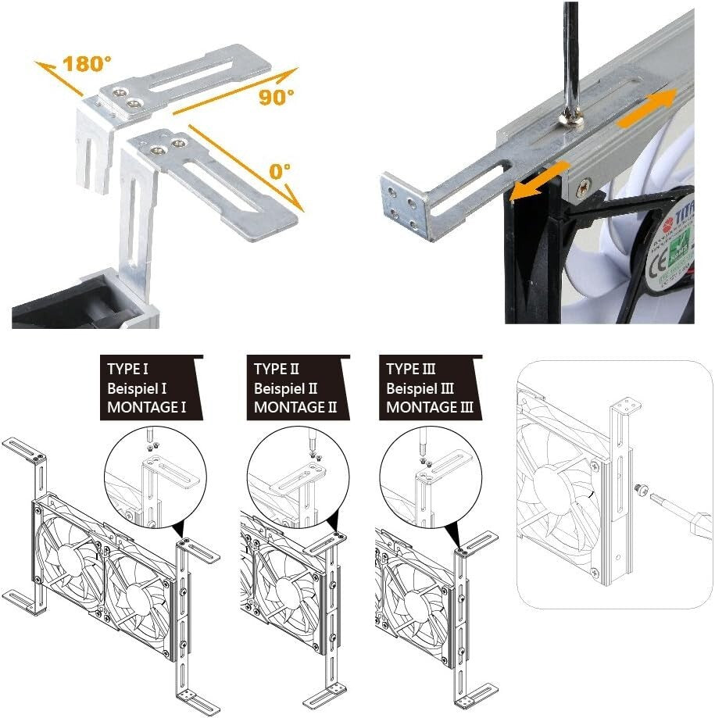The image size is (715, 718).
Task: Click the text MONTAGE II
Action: click(x=295, y=406)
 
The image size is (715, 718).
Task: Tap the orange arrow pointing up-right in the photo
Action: click(x=649, y=109)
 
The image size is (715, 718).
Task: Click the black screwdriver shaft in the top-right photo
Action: click(x=570, y=63)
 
